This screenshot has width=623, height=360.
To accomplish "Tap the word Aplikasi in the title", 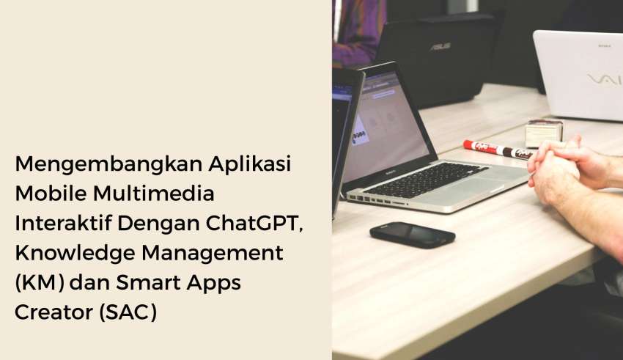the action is click(250, 164).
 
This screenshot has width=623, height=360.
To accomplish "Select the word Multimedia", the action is click(154, 194).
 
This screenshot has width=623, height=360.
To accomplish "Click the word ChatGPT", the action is click(254, 224).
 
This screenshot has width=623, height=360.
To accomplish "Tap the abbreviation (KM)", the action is click(40, 283).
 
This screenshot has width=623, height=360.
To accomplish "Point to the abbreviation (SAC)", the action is click(128, 312).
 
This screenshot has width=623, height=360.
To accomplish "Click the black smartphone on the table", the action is click(413, 235).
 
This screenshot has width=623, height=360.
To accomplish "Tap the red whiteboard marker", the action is click(498, 150).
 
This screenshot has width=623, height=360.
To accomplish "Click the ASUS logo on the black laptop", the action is click(440, 46).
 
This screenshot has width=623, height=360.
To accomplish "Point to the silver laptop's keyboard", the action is click(426, 180).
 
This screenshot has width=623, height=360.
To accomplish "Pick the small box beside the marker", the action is click(543, 133).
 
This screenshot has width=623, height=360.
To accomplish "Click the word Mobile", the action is click(51, 194).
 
